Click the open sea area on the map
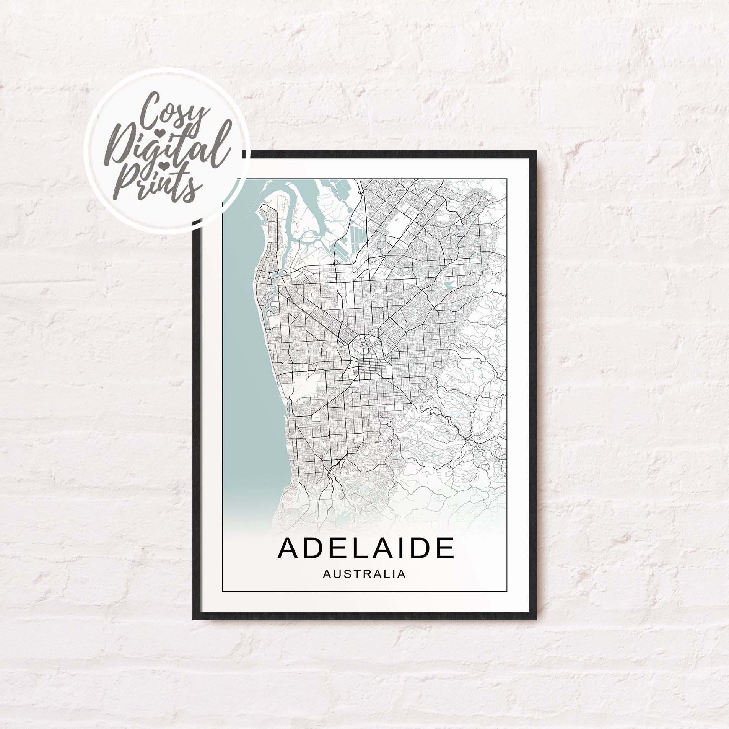[245, 344]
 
